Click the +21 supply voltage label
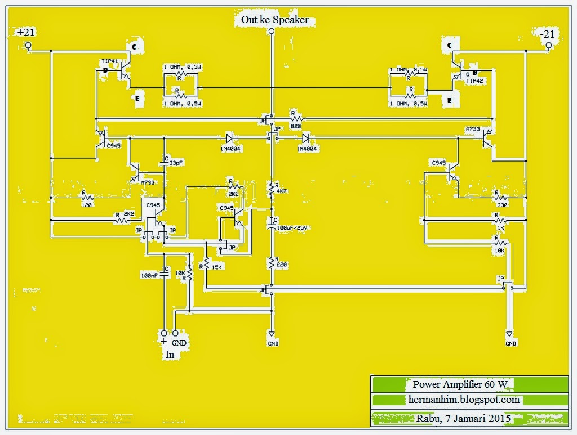coord(26,33)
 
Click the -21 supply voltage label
coord(547,34)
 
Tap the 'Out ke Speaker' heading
coord(274,20)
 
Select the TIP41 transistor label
coord(110,61)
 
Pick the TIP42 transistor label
coord(475,80)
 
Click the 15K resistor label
coord(216,267)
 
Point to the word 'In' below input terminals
coord(170,355)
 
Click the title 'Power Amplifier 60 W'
coord(460,384)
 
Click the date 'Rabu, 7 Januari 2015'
coord(463,418)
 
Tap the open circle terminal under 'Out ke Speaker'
coord(272,33)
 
